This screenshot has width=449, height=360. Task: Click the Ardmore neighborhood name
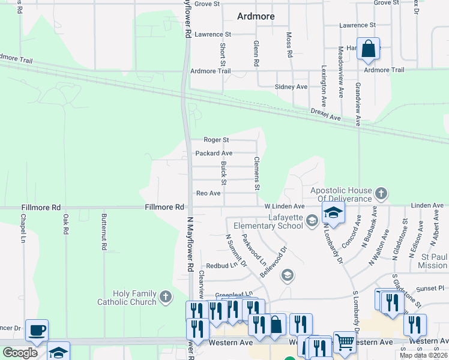(x=256, y=16)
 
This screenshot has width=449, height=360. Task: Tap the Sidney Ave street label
(x=291, y=87)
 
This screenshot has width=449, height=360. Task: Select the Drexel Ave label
(x=325, y=115)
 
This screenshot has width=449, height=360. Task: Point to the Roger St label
(x=216, y=140)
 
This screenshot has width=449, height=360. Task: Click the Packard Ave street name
(x=214, y=154)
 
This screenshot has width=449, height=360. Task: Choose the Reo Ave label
(x=208, y=193)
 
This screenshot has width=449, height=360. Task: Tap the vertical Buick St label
(x=223, y=172)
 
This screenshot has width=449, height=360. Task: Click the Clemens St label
(x=256, y=174)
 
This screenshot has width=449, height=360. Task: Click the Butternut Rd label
(x=104, y=232)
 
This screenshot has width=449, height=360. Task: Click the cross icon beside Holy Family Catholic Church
(x=165, y=296)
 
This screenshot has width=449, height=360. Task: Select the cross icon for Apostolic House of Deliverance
(x=379, y=194)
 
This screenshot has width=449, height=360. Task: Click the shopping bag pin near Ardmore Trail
(x=369, y=49)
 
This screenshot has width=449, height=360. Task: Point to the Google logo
(x=20, y=353)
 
